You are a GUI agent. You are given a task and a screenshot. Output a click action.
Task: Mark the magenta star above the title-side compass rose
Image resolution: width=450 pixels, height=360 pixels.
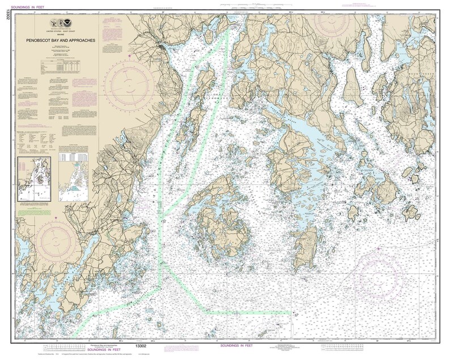130,56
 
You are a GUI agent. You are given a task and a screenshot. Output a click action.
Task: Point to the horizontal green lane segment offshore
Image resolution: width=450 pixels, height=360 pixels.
249,312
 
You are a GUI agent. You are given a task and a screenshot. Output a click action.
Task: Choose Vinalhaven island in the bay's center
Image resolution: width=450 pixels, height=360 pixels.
221,218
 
